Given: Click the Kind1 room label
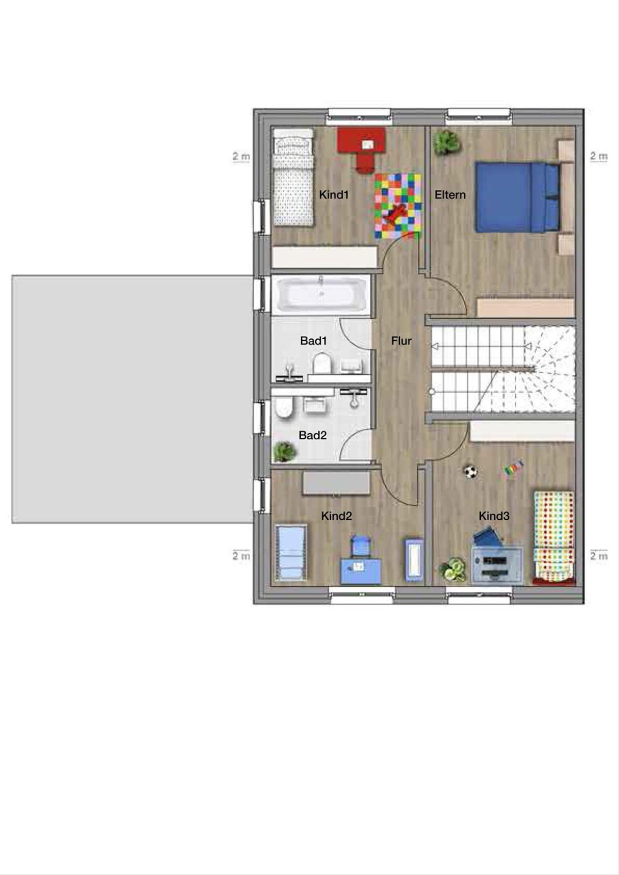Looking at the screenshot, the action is coord(333,194).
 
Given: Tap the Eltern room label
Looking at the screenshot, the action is coord(450,194).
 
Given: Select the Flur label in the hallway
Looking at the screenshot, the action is coord(401,341).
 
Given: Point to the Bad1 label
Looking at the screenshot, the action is coord(314,341).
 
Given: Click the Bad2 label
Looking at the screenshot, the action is coord(313,435).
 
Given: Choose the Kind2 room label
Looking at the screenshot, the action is coord(336,516).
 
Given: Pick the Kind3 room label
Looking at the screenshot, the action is coord(494,516).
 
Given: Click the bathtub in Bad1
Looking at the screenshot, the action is coord(320,294).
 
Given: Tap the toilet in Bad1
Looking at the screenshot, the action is coord(322,364).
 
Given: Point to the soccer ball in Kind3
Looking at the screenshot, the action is coord(471,472).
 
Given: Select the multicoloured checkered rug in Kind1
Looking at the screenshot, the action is coord(398,206).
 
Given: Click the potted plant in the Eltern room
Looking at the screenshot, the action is coord(446,142).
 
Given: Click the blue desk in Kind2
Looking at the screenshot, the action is coord(361,571).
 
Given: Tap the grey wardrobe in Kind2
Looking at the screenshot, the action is coord(336,483).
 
